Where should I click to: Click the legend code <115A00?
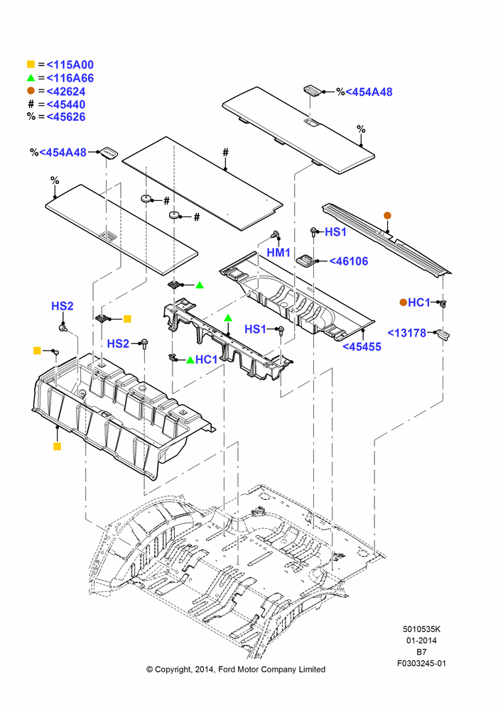click(70, 65)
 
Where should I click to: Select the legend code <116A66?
click(70, 78)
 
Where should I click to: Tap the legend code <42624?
click(66, 92)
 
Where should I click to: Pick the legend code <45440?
click(66, 104)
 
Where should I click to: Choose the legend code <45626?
click(66, 117)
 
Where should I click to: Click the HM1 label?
click(278, 253)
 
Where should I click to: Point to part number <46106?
click(348, 261)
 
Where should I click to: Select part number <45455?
click(362, 347)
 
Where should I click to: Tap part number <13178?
click(407, 333)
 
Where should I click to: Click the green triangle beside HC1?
click(190, 360)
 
